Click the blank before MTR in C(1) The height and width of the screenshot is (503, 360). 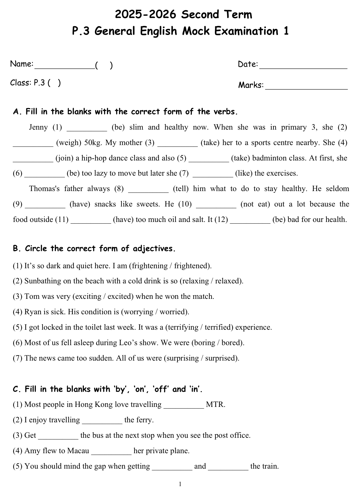coord(183,407)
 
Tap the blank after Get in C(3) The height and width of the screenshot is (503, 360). coord(58,437)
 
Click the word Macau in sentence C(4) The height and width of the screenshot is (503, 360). coord(78,451)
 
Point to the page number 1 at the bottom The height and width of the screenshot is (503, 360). coord(180,484)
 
